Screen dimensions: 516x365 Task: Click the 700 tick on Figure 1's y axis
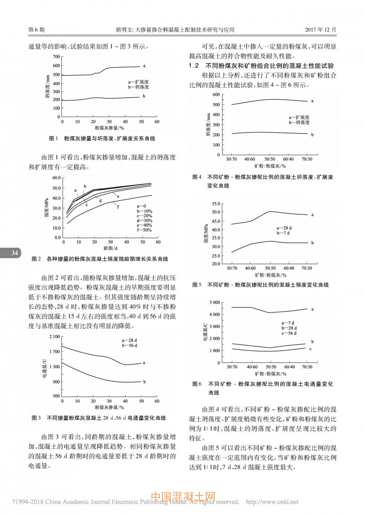56,57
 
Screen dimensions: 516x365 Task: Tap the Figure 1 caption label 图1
52,138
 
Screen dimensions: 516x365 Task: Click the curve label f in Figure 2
118,207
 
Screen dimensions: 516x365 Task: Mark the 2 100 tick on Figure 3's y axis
53,337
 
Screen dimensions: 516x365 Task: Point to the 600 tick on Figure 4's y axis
216,94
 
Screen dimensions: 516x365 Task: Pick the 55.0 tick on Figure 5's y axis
215,203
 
